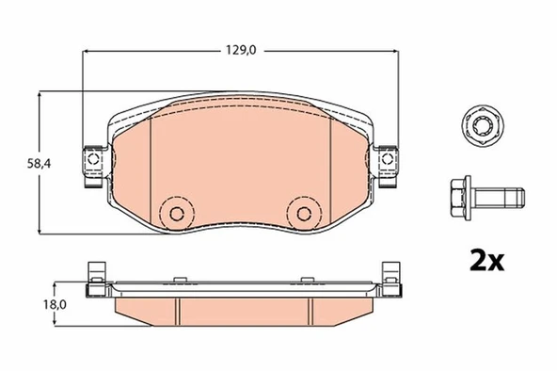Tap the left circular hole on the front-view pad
tap(174, 212)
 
